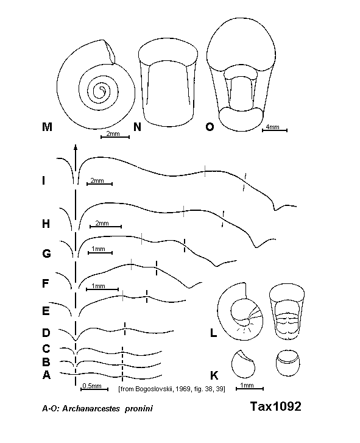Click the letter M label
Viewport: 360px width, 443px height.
click(x=47, y=127)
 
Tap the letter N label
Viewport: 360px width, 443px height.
click(x=137, y=127)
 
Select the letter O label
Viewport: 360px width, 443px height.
click(x=210, y=127)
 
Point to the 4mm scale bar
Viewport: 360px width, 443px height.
click(x=275, y=130)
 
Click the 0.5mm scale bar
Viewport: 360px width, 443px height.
click(x=94, y=389)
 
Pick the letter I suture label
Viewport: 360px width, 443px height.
click(x=44, y=180)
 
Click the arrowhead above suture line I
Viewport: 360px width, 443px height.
click(x=76, y=147)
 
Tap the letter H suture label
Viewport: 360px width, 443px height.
click(x=46, y=224)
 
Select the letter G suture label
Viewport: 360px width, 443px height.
click(x=46, y=253)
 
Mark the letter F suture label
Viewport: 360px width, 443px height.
click(x=46, y=283)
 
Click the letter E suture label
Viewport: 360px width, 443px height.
click(x=46, y=311)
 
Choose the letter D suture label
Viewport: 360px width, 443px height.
click(x=46, y=333)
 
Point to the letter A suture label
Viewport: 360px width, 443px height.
click(x=46, y=375)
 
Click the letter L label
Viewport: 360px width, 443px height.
click(x=214, y=333)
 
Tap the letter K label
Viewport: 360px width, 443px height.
click(x=214, y=375)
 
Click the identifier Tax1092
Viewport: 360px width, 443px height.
click(x=276, y=406)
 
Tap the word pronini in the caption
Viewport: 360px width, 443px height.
click(x=139, y=408)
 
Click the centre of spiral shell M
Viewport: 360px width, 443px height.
click(x=101, y=91)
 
